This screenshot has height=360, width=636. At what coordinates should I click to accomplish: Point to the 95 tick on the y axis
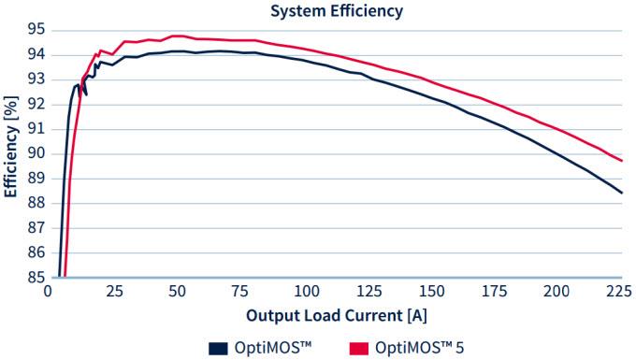(x=35, y=29)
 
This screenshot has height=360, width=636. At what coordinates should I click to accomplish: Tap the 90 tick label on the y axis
(x=35, y=153)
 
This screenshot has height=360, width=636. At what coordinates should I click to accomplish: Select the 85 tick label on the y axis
(x=35, y=278)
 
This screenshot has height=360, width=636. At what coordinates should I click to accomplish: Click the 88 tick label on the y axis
(x=35, y=203)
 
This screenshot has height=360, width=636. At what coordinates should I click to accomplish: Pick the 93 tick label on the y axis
(x=35, y=79)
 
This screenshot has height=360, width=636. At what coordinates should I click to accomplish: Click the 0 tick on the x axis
(x=49, y=292)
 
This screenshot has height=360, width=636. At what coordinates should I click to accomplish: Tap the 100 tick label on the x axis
(x=303, y=292)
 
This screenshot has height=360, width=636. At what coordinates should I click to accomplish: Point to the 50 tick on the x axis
(x=176, y=292)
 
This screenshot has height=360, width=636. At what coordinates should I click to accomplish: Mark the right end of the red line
(x=622, y=161)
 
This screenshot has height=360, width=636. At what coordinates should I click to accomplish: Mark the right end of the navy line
(x=622, y=193)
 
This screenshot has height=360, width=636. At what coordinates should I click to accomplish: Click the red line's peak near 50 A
(x=176, y=36)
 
